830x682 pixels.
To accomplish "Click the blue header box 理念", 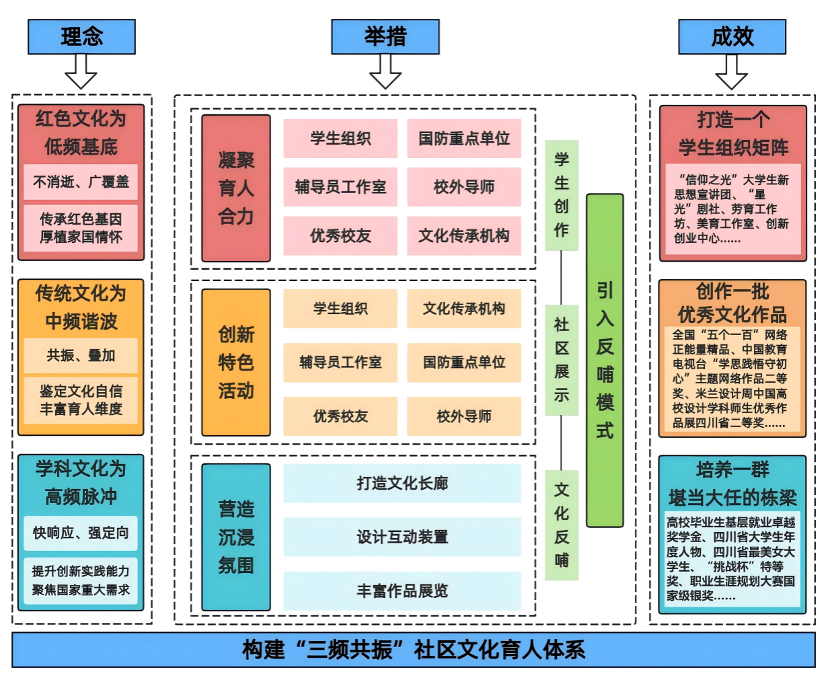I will [81, 36].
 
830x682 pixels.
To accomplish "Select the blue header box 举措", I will [385, 36].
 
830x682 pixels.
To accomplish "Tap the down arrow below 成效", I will [732, 72].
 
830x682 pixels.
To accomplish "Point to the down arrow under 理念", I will [81, 72].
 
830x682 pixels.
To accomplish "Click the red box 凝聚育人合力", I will [236, 188].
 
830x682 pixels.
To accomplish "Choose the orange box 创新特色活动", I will [236, 363].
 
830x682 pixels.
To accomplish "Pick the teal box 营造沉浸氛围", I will [236, 537].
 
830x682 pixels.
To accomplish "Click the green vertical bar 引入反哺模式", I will [605, 360].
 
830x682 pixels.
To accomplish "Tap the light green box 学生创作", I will [562, 195].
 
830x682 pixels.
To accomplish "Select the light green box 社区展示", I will [562, 360].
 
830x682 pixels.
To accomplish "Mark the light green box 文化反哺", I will [562, 525].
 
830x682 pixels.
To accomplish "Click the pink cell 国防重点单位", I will [464, 139].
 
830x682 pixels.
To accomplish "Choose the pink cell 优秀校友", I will [340, 236].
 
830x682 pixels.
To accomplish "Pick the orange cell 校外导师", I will [464, 416].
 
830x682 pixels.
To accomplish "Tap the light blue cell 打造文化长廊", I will [402, 483].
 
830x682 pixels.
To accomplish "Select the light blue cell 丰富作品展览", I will [402, 591].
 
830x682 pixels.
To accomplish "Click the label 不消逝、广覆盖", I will [81, 182].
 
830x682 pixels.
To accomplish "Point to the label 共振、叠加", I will [81, 356].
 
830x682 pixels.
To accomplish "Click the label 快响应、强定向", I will [81, 533].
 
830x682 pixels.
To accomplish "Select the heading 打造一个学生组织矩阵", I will [732, 134].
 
